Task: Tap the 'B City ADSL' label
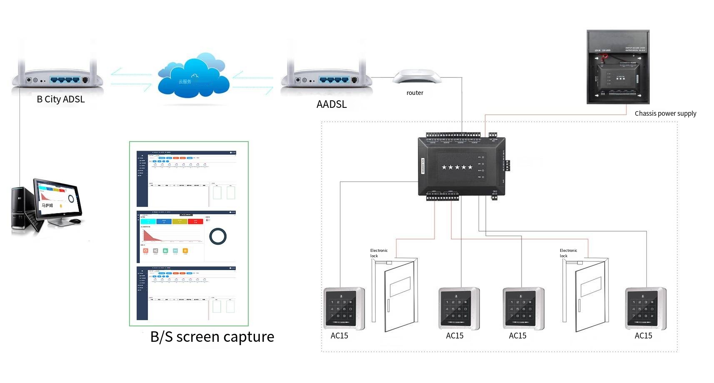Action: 61,99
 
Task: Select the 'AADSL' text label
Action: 332,104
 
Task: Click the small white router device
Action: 416,77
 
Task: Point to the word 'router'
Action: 415,93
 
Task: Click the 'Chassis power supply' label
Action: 665,113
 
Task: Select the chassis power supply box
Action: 618,67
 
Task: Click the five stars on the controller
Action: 457,167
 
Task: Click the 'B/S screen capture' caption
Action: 212,336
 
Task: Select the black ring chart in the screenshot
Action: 218,236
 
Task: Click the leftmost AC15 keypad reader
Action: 344,308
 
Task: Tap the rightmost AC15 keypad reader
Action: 645,308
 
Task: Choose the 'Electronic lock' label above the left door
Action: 378,253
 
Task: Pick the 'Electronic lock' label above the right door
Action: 568,253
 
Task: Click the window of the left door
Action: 400,287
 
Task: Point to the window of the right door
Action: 591,286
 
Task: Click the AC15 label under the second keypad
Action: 454,336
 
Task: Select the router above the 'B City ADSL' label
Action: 57,77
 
